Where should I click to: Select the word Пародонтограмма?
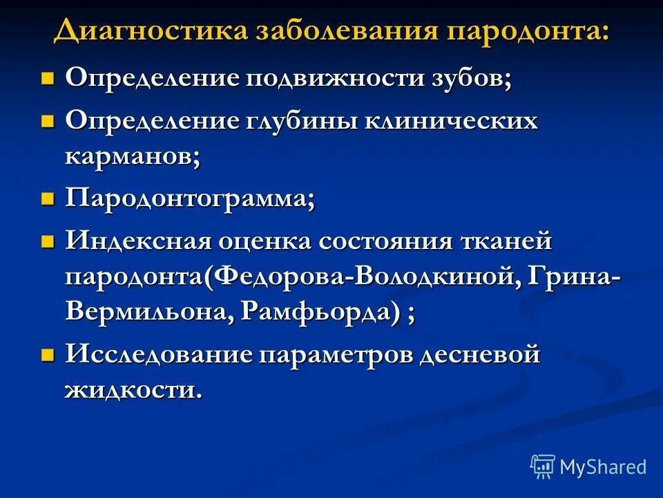tap(190, 201)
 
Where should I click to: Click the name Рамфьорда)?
tap(321, 313)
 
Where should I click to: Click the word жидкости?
tap(134, 390)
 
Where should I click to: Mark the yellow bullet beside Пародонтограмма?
tap(47, 201)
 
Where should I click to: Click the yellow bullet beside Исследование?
tap(47, 356)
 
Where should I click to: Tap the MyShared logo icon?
tap(543, 467)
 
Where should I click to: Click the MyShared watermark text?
tap(603, 468)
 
